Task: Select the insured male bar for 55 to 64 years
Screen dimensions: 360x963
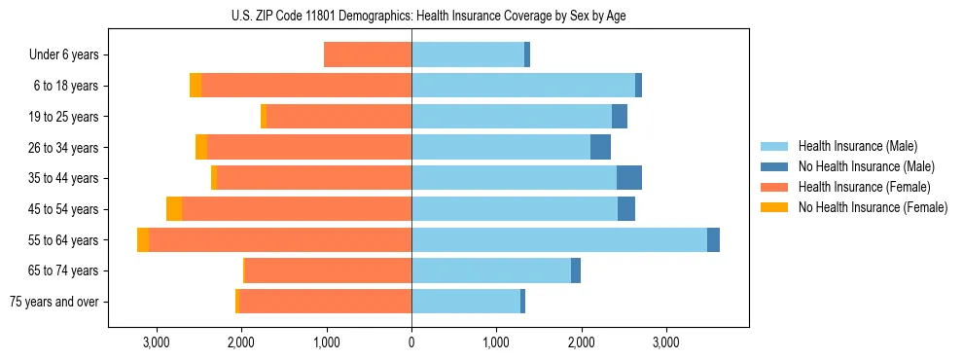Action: [x=559, y=239]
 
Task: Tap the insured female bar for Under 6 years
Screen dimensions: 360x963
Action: [x=368, y=54]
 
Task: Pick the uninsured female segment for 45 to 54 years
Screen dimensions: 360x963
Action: [x=174, y=209]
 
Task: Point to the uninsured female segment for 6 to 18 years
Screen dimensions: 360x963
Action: [x=196, y=86]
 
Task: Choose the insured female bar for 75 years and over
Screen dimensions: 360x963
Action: [x=325, y=302]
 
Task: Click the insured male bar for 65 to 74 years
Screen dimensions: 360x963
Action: [x=491, y=270]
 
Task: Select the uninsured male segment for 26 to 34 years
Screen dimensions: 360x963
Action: [x=600, y=147]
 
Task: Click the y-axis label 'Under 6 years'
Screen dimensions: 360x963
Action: [x=63, y=54]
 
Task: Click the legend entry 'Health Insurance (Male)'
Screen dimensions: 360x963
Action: [x=857, y=146]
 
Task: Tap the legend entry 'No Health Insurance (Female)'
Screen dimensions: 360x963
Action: [x=873, y=207]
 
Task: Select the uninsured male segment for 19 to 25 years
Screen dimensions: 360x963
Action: [x=620, y=117]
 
